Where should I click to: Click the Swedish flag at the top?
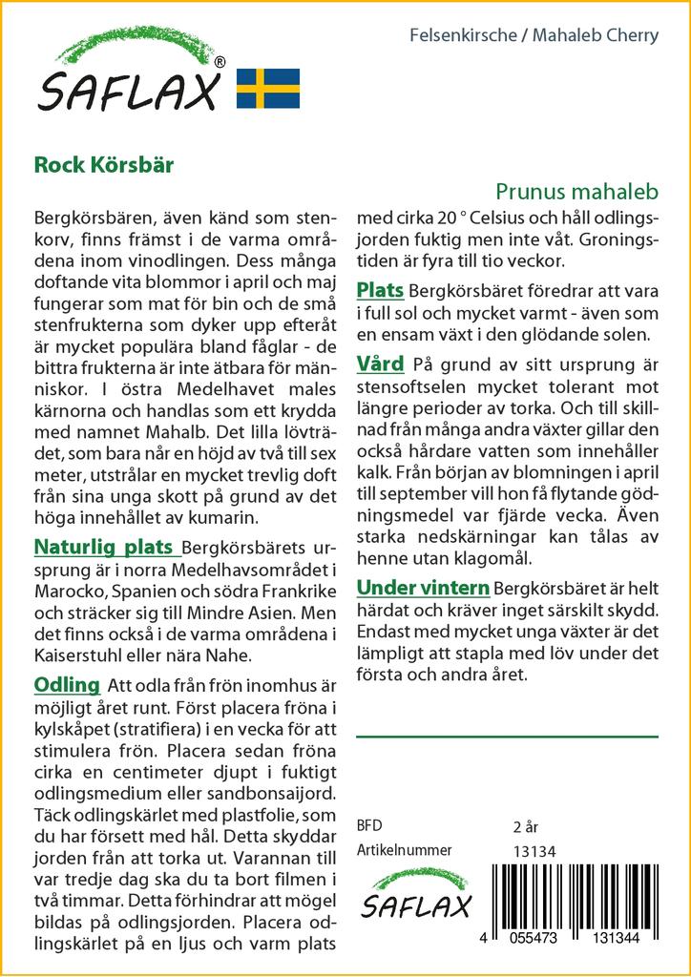tap(268, 88)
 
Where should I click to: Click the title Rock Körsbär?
tap(104, 163)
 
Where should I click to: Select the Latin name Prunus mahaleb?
tap(577, 191)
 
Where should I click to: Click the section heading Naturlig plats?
tap(105, 548)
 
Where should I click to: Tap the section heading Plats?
tap(380, 290)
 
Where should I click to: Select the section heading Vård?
tap(380, 364)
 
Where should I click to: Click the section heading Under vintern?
tap(423, 587)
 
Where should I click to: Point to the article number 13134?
tap(534, 851)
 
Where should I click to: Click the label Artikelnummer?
tap(404, 850)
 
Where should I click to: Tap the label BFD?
tap(368, 825)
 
